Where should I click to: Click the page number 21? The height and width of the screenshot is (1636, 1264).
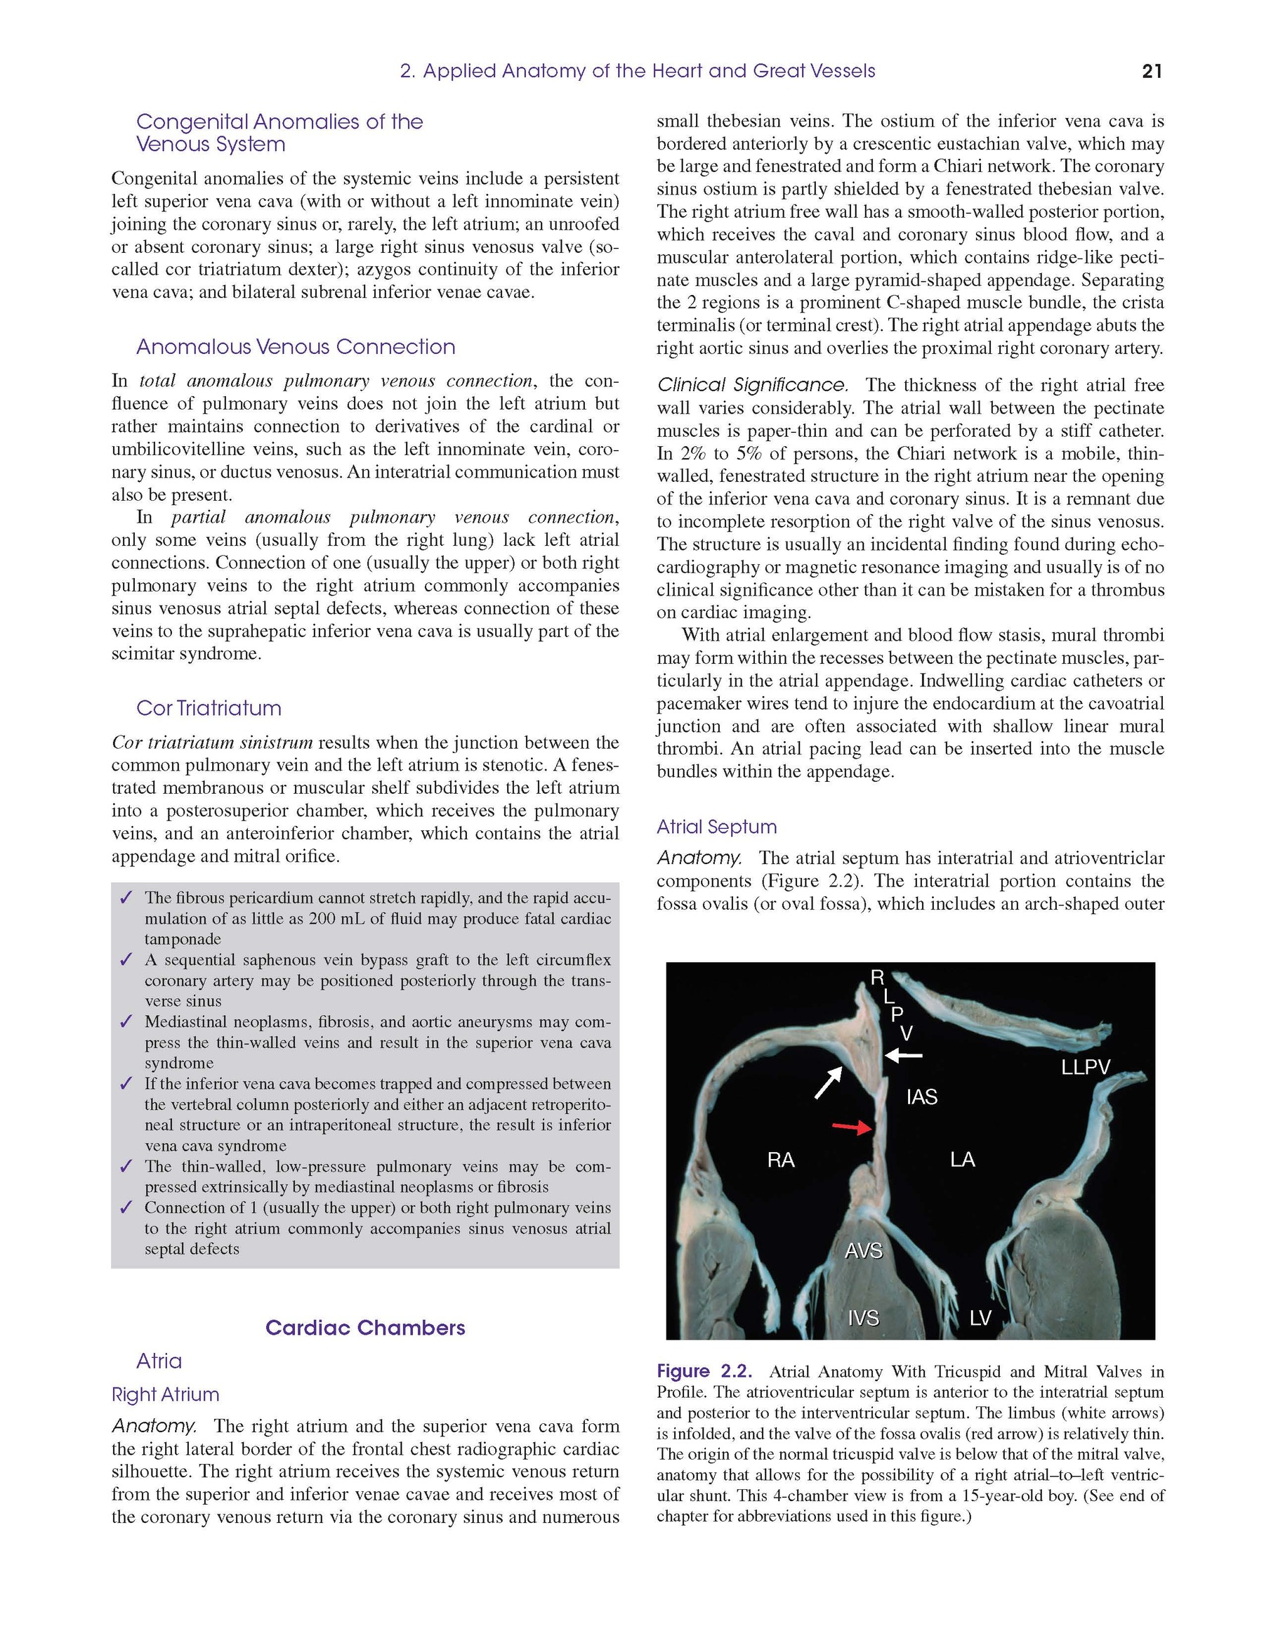(1152, 71)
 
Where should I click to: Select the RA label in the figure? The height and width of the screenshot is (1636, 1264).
(780, 1160)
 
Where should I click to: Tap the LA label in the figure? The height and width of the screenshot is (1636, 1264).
(962, 1160)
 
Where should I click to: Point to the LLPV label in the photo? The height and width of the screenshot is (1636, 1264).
(1085, 1068)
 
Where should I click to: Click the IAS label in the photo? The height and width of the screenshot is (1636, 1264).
(921, 1097)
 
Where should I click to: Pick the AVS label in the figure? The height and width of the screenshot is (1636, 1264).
(864, 1250)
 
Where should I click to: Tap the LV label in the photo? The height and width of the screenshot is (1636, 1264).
(980, 1318)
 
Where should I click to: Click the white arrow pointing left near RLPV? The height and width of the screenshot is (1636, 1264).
(903, 1056)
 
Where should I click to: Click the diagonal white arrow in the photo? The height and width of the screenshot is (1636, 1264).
(828, 1083)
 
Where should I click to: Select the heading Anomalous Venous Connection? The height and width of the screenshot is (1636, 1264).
(295, 347)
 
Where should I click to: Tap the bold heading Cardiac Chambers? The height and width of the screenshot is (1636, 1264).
(364, 1328)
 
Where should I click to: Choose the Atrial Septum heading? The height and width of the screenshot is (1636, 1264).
(716, 827)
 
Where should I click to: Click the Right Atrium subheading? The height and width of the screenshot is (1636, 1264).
(165, 1395)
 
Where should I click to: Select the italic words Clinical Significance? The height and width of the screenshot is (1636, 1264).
(753, 385)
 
